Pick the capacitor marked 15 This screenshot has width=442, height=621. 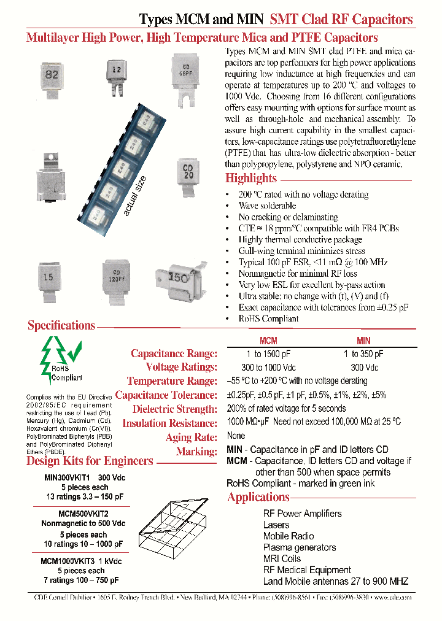point(49,279)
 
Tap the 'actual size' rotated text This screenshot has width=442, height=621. point(136,196)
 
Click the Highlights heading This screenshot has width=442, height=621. point(251,179)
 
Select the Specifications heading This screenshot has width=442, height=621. point(61,326)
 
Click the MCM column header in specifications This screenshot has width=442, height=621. point(268,341)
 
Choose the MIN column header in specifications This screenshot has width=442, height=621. point(364,341)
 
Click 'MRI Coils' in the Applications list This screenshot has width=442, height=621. point(282,558)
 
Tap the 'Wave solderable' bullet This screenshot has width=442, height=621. point(267,206)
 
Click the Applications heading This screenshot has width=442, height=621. point(258,497)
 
